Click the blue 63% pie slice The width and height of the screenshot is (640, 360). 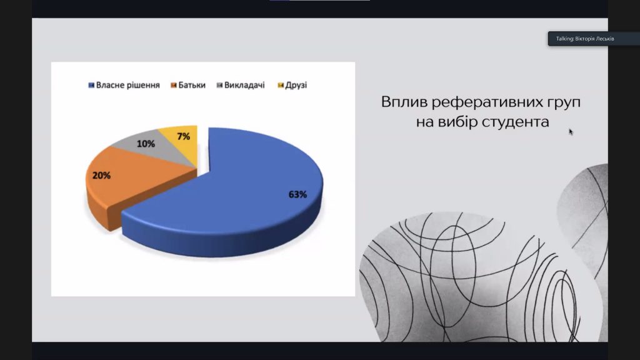[237, 196]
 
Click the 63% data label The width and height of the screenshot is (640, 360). [297, 195]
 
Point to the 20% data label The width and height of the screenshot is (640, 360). [101, 176]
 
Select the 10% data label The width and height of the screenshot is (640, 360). [146, 144]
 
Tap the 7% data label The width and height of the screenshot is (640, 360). [184, 136]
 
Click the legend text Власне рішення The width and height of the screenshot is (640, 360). [127, 85]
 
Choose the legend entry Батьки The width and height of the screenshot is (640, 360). [188, 85]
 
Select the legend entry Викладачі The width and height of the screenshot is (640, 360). [241, 85]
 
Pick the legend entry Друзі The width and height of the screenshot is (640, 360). [292, 85]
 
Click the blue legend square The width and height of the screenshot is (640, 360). [91, 85]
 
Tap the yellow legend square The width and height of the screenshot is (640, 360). [281, 85]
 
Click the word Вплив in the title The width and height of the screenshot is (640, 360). [404, 102]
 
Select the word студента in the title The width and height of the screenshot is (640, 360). [516, 122]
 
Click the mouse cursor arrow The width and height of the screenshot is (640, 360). [571, 131]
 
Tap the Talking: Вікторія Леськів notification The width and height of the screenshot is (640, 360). [585, 39]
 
